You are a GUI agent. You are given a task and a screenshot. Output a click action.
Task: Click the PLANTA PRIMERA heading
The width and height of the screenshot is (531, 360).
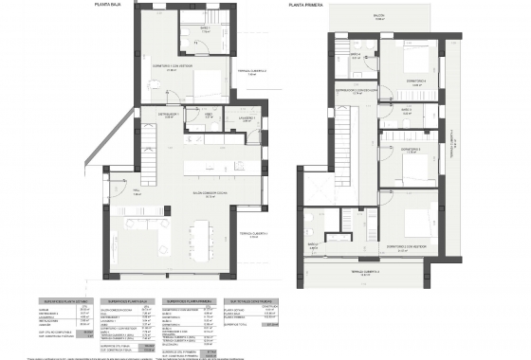tap(307, 5)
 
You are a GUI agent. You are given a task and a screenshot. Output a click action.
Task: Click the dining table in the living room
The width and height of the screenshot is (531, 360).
tap(199, 232)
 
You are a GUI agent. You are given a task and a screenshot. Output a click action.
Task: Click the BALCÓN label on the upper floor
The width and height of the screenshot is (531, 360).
tap(378, 15)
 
